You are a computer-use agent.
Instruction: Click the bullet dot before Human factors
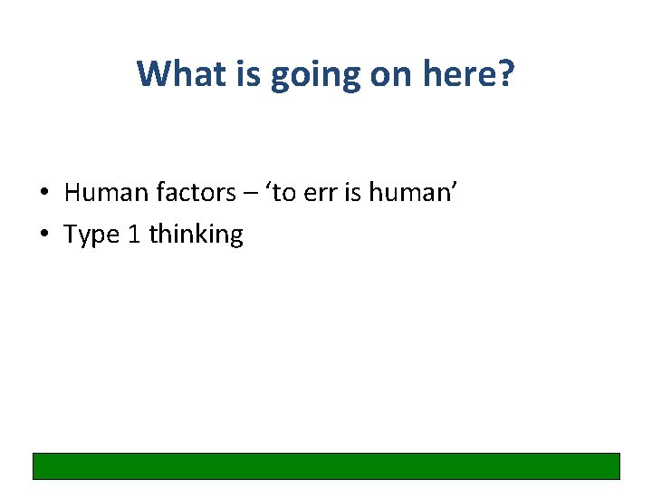click(43, 193)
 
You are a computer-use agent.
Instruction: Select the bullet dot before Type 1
click(43, 235)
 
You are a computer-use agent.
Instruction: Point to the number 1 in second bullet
click(134, 235)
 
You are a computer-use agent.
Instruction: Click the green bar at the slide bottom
click(326, 465)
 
